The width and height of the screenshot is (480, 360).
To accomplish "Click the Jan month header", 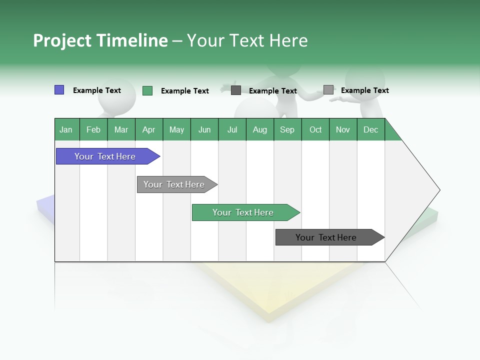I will point(66,129).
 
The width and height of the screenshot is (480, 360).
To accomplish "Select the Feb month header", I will point(93,129).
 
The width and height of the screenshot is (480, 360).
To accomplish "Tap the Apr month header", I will point(149,129).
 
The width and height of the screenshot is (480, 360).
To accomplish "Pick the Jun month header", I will point(204,129).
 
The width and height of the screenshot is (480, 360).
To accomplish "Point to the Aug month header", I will point(260,129).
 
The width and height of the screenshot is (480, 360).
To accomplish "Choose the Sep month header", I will point(287,129).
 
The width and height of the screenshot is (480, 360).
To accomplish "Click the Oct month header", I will point(315,129).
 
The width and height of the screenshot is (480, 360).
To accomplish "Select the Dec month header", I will point(371,129).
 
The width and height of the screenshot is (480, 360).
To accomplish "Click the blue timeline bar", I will point(105,156).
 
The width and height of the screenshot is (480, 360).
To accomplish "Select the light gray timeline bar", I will point(174,184).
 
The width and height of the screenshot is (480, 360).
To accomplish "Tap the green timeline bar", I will point(243,212).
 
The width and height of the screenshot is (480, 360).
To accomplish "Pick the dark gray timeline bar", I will point(326,237).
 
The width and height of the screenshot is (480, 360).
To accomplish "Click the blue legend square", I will point(59,90).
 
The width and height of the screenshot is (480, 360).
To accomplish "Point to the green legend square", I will point(147,90).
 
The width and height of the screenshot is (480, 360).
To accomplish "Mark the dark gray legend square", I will point(236,90).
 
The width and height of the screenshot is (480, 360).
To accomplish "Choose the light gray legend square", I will point(328,90).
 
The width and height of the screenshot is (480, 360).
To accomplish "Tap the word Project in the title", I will point(62,40).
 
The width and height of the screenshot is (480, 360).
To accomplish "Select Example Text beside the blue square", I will point(97,90).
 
